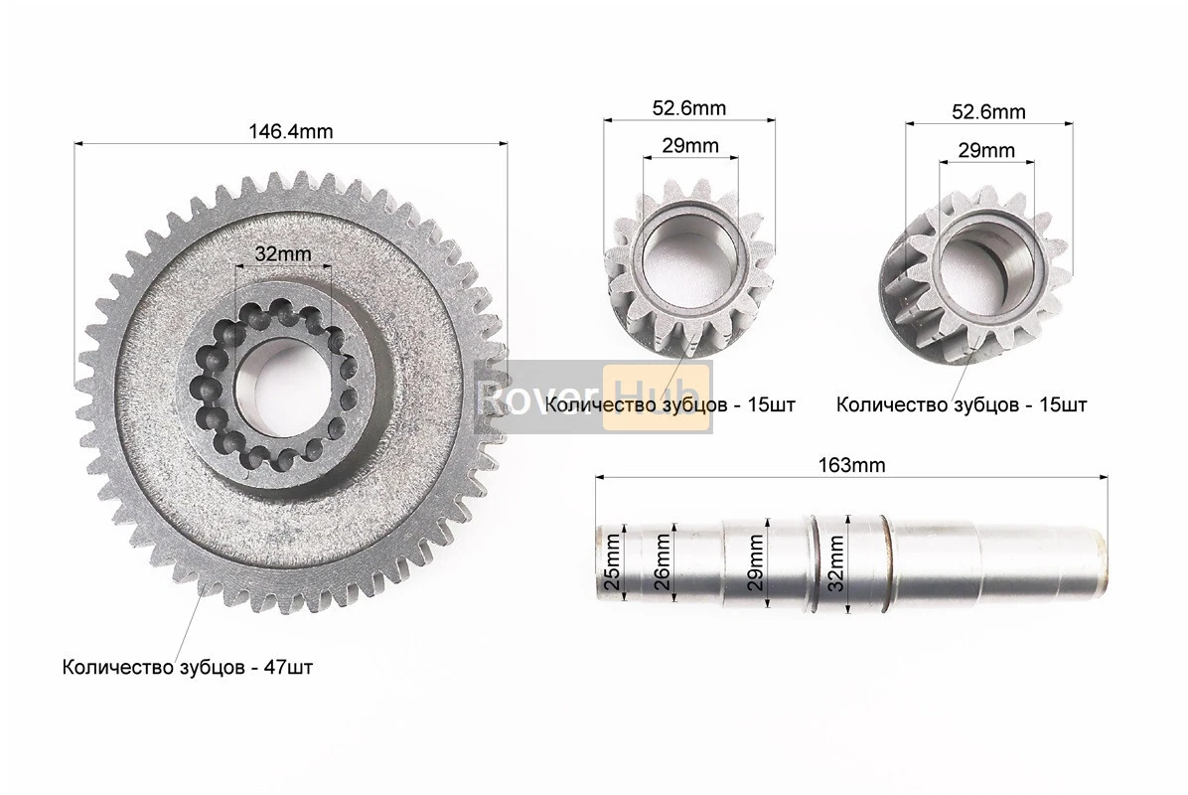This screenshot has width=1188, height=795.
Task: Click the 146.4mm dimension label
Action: (291, 131)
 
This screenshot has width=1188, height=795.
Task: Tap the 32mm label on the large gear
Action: (283, 253)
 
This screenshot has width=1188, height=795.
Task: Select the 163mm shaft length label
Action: (851, 464)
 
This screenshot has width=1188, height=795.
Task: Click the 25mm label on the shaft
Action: (612, 562)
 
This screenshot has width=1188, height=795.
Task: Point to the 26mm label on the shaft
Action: (662, 562)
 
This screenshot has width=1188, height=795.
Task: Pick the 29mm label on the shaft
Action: (755, 562)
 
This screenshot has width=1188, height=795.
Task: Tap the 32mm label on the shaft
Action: (835, 562)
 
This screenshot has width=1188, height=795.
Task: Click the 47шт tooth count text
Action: (287, 668)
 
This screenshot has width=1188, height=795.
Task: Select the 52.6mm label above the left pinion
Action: (688, 108)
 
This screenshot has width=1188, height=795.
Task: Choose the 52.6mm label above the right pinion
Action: (988, 111)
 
